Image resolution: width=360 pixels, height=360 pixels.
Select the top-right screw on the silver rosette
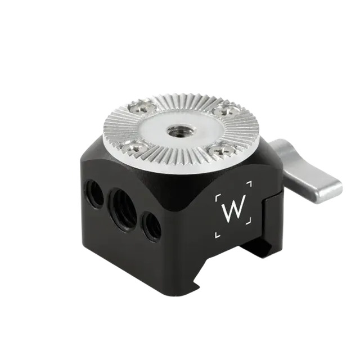[x=223, y=111]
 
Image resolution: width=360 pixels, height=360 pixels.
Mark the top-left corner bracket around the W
[x=218, y=197]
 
